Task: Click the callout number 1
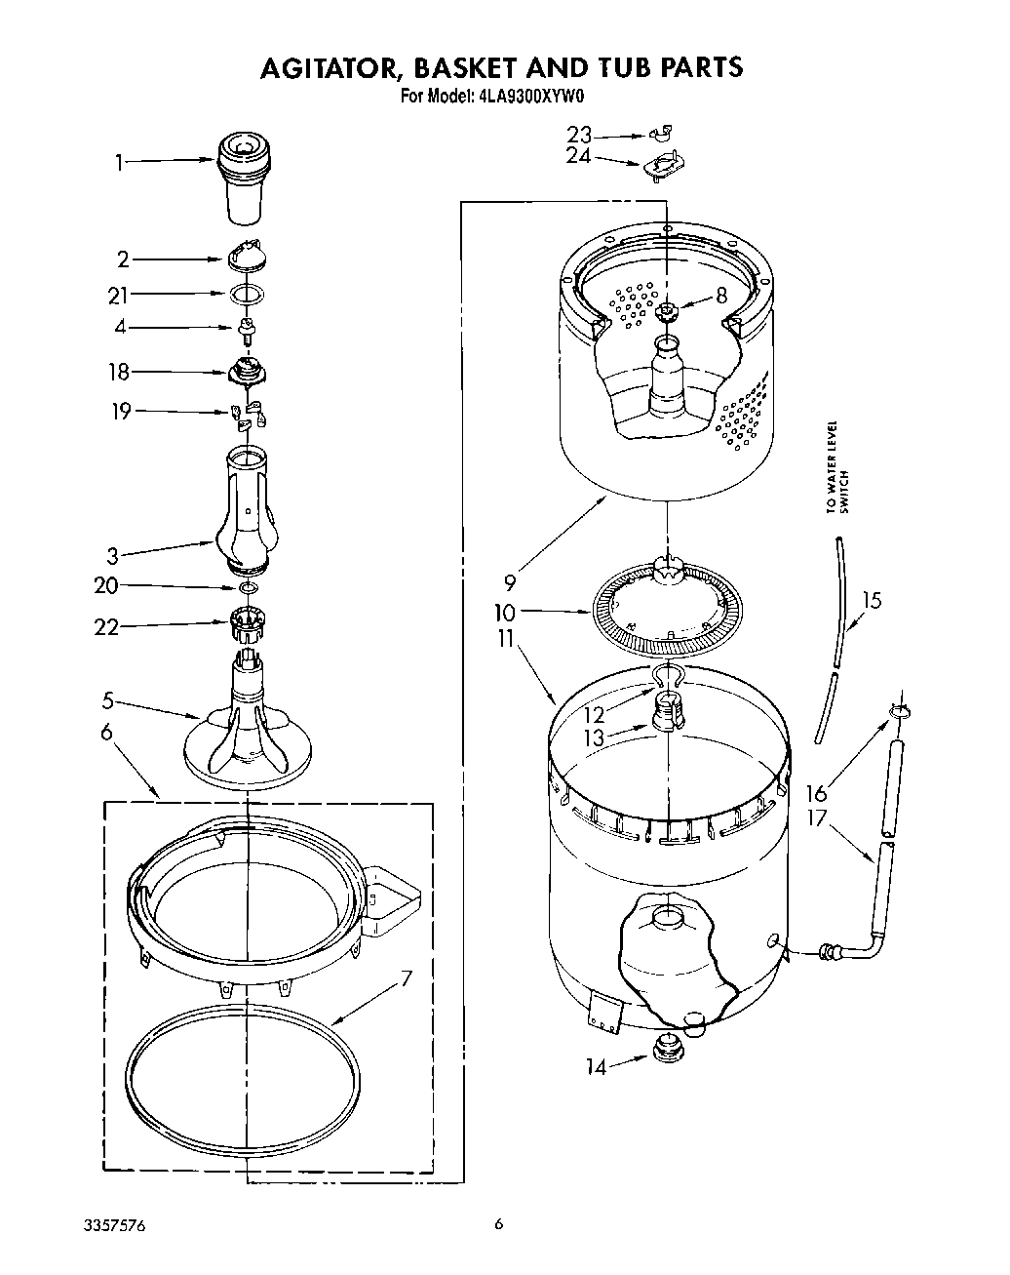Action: [119, 163]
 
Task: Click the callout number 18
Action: [119, 373]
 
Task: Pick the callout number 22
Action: [106, 627]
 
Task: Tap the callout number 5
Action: [108, 699]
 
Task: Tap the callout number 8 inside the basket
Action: [721, 296]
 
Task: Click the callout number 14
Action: [595, 1067]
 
